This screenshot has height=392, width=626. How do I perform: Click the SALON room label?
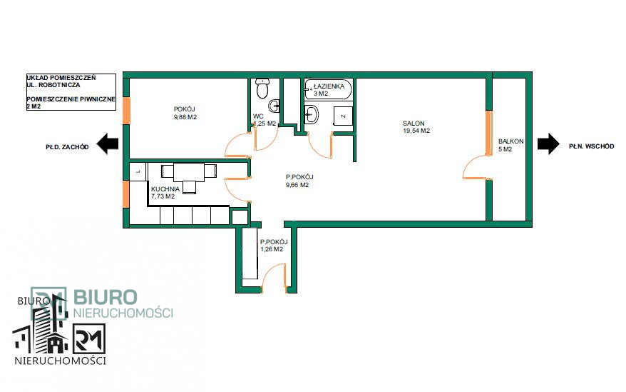[x=414, y=124]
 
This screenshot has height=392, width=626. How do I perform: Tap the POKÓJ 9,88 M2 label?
[x=185, y=114]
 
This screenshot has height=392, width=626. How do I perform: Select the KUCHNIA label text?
[x=165, y=189]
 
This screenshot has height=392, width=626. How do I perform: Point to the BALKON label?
[x=510, y=141]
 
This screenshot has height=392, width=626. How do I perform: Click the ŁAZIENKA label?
[x=329, y=86]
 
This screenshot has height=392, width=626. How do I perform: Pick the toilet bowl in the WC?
[x=262, y=89]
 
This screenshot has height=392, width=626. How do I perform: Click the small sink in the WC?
[x=274, y=106]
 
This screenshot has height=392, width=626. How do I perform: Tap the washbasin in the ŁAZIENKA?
[x=312, y=114]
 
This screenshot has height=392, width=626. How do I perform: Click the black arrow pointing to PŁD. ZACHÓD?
[x=108, y=144]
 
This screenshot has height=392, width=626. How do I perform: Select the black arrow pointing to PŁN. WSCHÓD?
[x=548, y=144]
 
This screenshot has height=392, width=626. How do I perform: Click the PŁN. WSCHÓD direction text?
[x=591, y=146]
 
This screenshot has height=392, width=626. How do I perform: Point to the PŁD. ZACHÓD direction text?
[x=67, y=147]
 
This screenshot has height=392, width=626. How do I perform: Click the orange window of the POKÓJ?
[x=126, y=111]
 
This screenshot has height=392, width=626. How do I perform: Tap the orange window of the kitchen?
[x=125, y=194]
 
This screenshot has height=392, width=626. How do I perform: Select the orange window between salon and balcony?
[x=488, y=134]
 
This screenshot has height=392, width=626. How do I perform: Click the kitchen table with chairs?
[x=189, y=176]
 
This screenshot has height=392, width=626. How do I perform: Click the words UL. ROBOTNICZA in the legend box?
[x=53, y=85]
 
